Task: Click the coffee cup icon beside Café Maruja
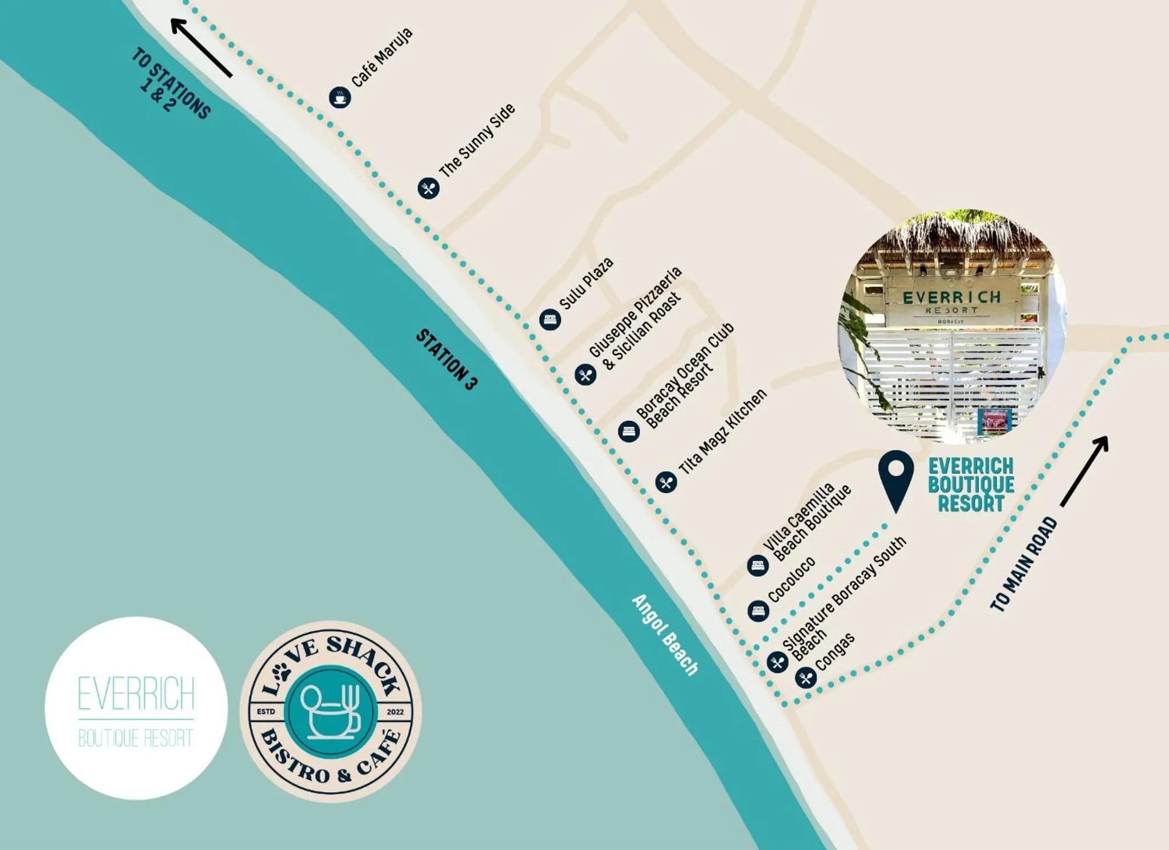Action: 340,97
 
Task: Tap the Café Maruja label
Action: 381,58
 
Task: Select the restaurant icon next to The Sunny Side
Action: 428,188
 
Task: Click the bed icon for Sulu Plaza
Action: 550,319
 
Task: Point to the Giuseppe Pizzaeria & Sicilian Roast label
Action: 635,318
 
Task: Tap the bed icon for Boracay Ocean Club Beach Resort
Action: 629,431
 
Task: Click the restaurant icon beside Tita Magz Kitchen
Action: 666,482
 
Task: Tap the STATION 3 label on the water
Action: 446,360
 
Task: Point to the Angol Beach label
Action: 665,634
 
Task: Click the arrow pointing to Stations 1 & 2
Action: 201,47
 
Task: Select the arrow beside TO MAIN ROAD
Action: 1084,471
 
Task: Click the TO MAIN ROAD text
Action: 1023,564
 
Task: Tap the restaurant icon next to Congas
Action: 806,678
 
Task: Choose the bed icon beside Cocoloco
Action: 758,611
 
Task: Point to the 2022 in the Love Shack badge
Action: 395,712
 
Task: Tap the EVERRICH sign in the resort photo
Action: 951,297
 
